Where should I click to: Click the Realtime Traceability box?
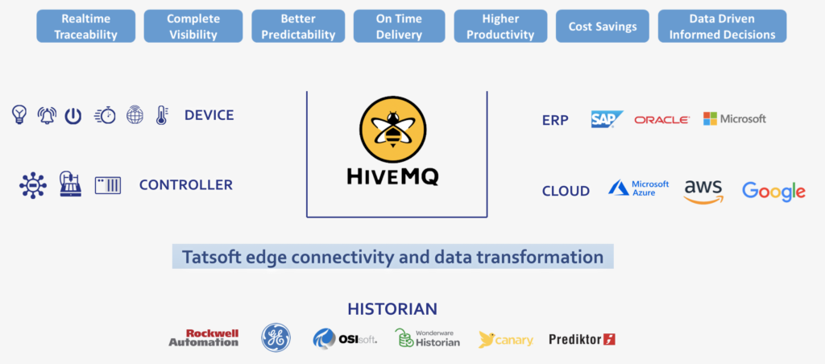click(x=85, y=27)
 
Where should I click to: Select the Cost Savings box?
click(x=603, y=27)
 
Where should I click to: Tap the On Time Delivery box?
click(x=399, y=27)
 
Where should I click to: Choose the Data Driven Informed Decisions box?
click(x=722, y=27)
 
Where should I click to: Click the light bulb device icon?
click(x=19, y=114)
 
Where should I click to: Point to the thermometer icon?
click(x=161, y=114)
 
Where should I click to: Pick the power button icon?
click(x=73, y=116)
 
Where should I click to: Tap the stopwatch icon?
click(x=106, y=115)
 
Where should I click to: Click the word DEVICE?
click(x=209, y=115)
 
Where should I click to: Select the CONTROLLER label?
click(x=186, y=185)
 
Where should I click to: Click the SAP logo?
click(x=607, y=119)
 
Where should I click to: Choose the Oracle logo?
click(x=662, y=120)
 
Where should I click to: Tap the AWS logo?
click(x=703, y=192)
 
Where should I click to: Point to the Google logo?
click(x=773, y=192)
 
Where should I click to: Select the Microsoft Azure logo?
click(x=639, y=188)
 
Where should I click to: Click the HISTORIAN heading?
click(x=392, y=309)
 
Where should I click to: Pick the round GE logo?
click(x=276, y=337)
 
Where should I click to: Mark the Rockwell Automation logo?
click(x=204, y=337)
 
